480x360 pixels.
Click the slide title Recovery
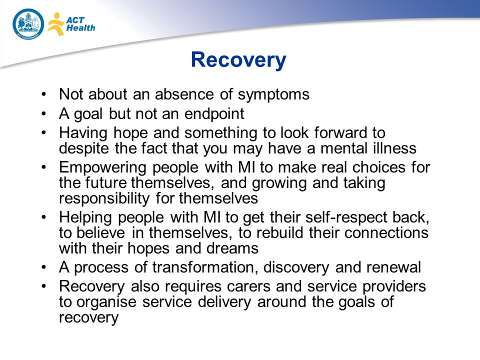coord(238,60)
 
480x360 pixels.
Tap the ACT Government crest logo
coord(28,24)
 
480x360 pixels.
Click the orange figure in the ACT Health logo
coord(55,24)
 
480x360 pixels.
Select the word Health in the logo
coord(81,28)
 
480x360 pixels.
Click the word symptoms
coord(273,94)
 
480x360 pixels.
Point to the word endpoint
coord(214,114)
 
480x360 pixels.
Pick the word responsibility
coord(104,198)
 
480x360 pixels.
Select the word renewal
coord(393,267)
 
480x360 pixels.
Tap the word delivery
coord(224,302)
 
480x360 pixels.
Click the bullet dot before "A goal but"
coord(44,114)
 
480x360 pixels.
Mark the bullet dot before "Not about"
coord(44,94)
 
